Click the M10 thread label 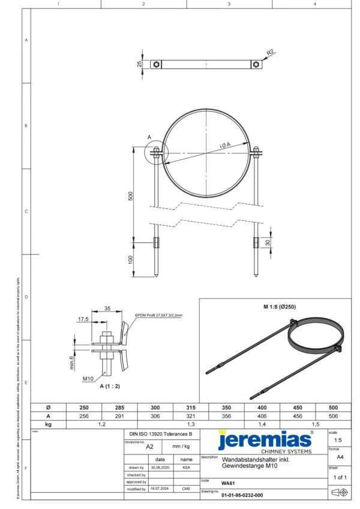pyautogui.click(x=88, y=378)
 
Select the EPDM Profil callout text pyautogui.click(x=158, y=315)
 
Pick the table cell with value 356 pyautogui.click(x=226, y=415)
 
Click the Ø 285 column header pyautogui.click(x=119, y=407)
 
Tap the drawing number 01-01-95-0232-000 pyautogui.click(x=242, y=496)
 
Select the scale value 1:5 pyautogui.click(x=340, y=440)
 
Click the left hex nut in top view pyautogui.click(x=155, y=64)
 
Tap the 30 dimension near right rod pyautogui.click(x=268, y=242)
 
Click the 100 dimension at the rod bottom pyautogui.click(x=131, y=259)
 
